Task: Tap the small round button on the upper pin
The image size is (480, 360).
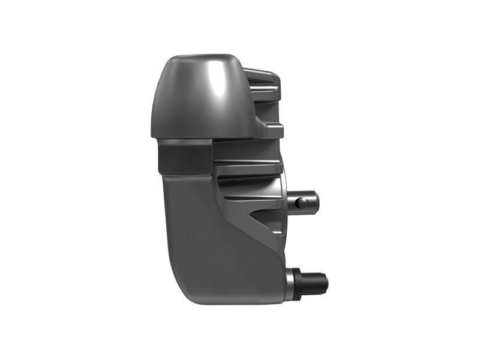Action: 304,203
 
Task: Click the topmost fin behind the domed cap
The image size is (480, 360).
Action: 262,77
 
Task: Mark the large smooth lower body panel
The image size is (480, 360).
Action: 210,240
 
